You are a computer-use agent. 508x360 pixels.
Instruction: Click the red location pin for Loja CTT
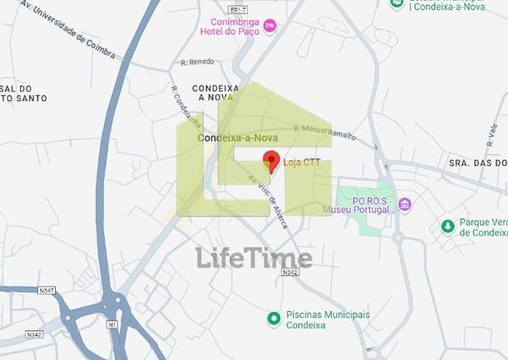[x=271, y=159]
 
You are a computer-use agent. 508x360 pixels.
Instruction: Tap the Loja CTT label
[x=301, y=163]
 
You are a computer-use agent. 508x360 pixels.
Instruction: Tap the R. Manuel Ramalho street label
[x=325, y=131]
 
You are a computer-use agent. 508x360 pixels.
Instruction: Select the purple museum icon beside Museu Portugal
[x=404, y=204]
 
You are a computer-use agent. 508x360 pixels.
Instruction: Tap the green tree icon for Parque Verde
[x=446, y=225]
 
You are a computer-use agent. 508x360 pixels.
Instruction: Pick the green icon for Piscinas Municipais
[x=273, y=318]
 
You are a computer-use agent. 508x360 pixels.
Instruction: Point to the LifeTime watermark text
[x=255, y=258]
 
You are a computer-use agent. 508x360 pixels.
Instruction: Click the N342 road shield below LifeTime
[x=290, y=272]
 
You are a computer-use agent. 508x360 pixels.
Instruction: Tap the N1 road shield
[x=111, y=324]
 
